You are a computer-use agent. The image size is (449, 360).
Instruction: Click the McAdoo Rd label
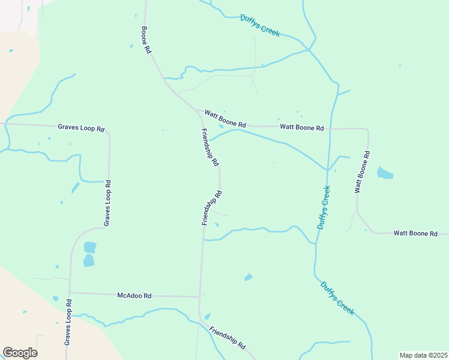134,295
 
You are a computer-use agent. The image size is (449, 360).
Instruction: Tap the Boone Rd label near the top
145,40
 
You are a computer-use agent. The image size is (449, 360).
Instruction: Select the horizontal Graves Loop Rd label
81,128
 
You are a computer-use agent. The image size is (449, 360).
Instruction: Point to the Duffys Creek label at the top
260,26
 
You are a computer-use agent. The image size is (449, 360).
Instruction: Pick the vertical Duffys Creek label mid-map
324,207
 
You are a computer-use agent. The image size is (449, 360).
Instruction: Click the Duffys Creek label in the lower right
337,298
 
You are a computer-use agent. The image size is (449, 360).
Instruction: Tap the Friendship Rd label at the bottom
228,338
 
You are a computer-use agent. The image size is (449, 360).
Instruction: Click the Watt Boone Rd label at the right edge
415,233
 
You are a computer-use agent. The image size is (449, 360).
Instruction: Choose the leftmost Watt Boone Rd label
225,118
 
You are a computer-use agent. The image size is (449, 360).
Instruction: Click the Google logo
20,352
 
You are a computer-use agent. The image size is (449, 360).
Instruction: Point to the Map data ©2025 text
423,355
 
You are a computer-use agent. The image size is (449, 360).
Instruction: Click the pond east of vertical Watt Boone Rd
385,175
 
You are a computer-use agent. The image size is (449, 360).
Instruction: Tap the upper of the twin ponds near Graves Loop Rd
90,247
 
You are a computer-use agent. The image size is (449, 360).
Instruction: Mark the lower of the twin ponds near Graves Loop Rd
88,260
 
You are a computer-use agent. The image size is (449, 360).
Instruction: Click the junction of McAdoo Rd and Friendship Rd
199,296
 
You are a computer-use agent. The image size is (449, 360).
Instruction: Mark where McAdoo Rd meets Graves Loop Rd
70,293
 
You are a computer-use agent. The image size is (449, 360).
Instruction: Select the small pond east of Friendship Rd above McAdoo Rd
248,277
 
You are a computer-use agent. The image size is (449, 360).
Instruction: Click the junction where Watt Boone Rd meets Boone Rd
197,110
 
